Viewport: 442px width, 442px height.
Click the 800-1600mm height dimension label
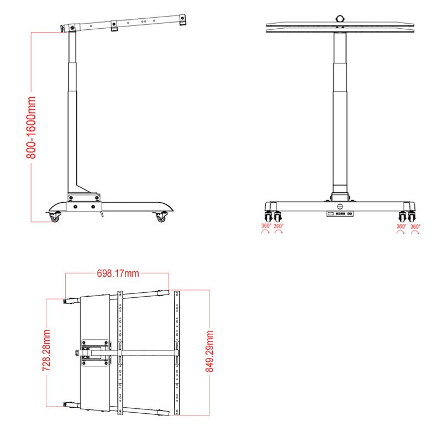click(x=31, y=127)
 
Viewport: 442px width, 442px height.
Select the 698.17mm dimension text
click(x=118, y=273)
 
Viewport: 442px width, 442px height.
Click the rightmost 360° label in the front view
click(x=415, y=226)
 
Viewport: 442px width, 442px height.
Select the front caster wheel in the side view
click(x=54, y=218)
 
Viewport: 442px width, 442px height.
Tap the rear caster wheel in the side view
click(x=161, y=218)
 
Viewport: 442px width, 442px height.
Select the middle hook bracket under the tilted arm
click(x=114, y=26)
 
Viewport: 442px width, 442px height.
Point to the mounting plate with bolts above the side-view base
click(x=83, y=196)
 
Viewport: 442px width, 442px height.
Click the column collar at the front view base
click(x=339, y=196)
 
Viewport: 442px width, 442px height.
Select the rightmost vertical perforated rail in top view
click(x=177, y=352)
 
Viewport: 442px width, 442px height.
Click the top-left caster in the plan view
click(x=70, y=301)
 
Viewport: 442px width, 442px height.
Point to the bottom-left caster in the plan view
click(x=70, y=405)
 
